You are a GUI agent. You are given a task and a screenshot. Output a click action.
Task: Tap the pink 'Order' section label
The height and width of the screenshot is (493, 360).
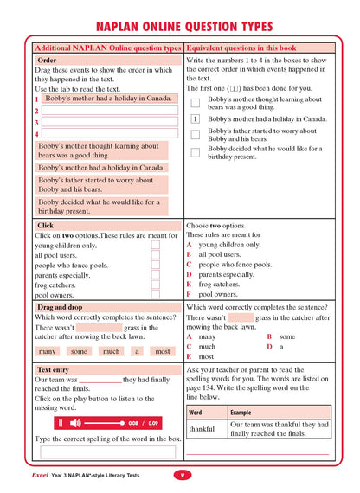tap(48, 61)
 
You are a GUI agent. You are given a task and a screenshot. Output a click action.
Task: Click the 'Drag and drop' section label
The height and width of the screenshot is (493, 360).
tap(60, 307)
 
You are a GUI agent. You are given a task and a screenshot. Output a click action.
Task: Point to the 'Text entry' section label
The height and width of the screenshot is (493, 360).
tap(53, 369)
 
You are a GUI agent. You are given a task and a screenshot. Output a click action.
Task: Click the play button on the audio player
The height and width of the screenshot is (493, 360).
tap(61, 423)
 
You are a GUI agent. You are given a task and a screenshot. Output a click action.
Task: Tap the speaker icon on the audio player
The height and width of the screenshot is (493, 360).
tap(75, 423)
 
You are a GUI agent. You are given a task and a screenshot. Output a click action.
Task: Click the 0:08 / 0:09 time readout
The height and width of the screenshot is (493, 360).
tap(143, 423)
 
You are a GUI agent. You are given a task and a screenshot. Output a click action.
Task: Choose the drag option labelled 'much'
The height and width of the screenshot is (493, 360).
tap(111, 351)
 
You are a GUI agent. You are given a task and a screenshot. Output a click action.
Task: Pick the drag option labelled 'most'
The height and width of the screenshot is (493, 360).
tap(162, 351)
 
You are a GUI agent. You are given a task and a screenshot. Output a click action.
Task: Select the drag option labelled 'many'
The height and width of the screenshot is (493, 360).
tap(48, 351)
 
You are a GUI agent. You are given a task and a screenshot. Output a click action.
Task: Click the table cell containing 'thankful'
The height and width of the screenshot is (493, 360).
tap(202, 429)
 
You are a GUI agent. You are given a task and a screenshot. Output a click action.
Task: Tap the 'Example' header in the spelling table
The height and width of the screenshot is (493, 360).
tap(241, 413)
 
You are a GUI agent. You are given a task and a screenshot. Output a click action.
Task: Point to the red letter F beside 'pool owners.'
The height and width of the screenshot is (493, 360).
tap(190, 294)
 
